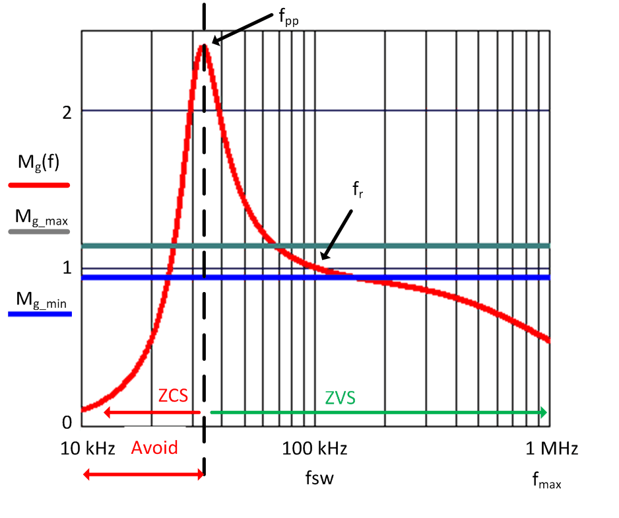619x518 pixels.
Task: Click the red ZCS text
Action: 174,396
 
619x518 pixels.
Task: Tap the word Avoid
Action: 154,448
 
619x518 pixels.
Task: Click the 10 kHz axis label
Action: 88,449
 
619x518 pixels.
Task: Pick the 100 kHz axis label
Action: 315,449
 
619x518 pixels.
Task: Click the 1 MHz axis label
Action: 552,449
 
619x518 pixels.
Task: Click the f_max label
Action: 546,480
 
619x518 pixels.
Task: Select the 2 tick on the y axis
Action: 67,111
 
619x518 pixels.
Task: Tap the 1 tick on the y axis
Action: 67,268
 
